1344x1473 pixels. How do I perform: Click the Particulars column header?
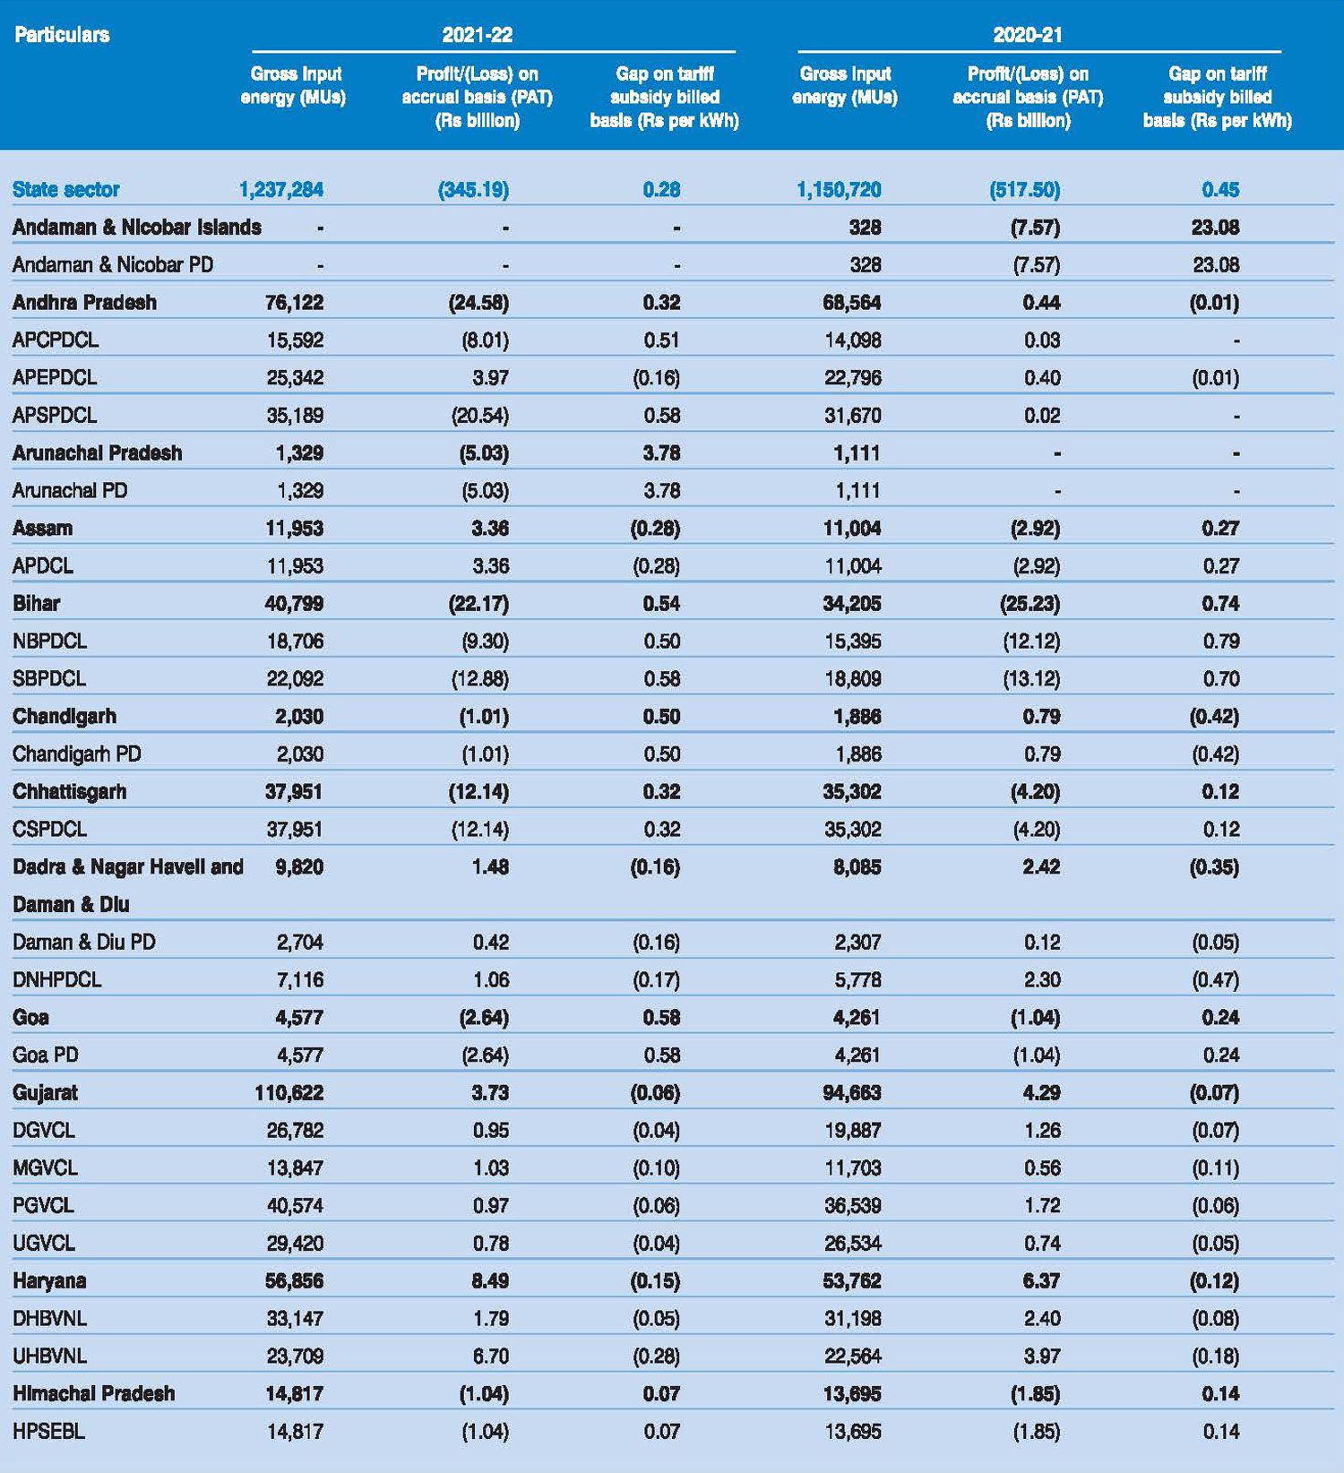(62, 35)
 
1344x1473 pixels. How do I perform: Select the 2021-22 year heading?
(477, 35)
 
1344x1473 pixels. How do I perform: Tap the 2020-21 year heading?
(1027, 35)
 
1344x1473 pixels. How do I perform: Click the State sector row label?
(65, 189)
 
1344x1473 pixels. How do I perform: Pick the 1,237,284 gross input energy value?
(280, 189)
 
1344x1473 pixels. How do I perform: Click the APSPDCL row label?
(55, 415)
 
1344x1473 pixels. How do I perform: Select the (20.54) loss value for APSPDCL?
(478, 415)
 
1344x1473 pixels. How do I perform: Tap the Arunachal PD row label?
(70, 490)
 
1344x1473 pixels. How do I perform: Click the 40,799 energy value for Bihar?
(294, 603)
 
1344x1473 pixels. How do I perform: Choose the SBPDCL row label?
(49, 678)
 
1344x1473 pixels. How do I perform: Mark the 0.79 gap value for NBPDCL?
(1220, 641)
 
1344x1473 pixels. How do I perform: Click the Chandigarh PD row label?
(77, 754)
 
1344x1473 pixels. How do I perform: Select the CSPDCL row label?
(49, 829)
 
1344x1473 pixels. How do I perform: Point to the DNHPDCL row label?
(57, 979)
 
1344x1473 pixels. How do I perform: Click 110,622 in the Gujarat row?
(289, 1092)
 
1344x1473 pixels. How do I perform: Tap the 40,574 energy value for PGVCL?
(295, 1205)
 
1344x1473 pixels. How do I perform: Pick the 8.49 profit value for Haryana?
(490, 1280)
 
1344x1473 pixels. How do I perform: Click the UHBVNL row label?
(49, 1356)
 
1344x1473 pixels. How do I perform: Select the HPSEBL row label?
(48, 1431)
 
